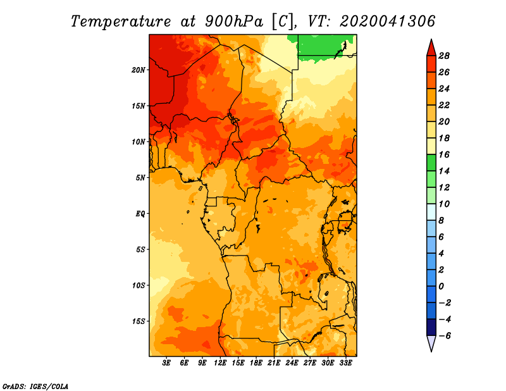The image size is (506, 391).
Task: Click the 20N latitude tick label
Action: click(139, 70)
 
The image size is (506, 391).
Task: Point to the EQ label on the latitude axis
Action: click(140, 214)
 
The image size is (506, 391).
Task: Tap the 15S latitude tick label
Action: click(139, 321)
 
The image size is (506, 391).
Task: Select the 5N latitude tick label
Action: click(140, 178)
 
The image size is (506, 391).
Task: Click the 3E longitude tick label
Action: click(166, 363)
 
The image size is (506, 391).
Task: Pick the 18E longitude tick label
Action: click(256, 363)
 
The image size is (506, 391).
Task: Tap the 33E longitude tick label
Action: click(345, 363)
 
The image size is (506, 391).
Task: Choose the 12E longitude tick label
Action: click(220, 363)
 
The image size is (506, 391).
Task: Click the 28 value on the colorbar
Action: click(444, 56)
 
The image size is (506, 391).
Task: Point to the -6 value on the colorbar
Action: click(445, 336)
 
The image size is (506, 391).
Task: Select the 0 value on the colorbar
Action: click(441, 287)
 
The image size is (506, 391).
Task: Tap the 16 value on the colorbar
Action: click(444, 154)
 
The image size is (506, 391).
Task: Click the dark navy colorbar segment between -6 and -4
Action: click(431, 327)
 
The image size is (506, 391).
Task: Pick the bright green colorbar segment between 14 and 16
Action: click(431, 163)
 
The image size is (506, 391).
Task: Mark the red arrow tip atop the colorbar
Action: click(431, 40)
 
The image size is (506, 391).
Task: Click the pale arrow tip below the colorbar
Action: click(431, 351)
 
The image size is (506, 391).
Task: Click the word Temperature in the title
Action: click(121, 22)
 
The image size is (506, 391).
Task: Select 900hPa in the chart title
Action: click(234, 22)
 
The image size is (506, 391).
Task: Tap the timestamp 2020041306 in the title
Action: click(388, 22)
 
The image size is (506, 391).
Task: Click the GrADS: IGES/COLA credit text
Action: click(35, 386)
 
